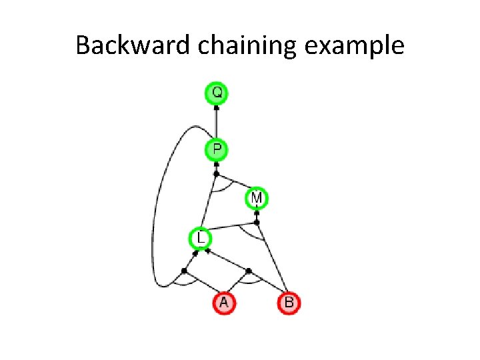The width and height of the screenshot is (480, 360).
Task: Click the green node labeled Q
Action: tap(217, 93)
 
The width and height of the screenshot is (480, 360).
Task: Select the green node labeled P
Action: tap(217, 149)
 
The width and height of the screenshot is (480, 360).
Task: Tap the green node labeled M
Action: tap(257, 198)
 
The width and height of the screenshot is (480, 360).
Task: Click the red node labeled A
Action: tap(224, 303)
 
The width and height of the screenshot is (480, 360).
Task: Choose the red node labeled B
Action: tap(289, 303)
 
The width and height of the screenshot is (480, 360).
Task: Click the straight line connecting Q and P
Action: tap(217, 123)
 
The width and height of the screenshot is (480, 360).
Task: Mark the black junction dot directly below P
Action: tap(216, 173)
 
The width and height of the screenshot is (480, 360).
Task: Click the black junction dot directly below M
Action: tap(257, 222)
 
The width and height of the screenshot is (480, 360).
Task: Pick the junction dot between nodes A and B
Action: tap(249, 271)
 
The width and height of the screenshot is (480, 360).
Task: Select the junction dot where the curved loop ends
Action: tap(184, 271)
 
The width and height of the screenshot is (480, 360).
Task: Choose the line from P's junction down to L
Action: tap(209, 203)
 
